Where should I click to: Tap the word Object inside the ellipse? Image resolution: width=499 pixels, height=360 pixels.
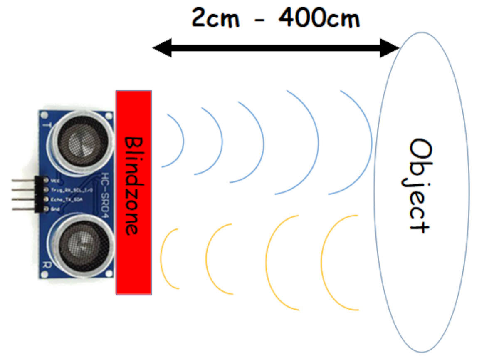pyautogui.click(x=418, y=185)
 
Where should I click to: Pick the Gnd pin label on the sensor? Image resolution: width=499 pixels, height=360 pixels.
pyautogui.click(x=54, y=209)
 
